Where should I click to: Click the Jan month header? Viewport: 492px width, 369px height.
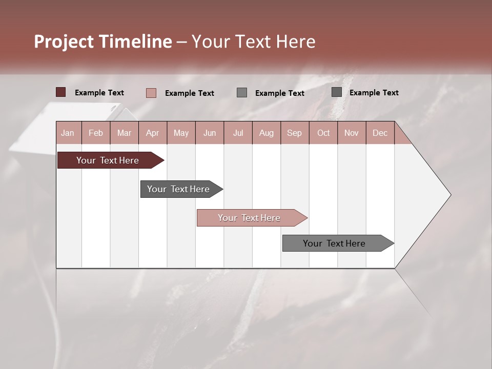click(x=68, y=133)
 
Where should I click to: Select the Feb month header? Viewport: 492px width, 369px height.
click(x=96, y=133)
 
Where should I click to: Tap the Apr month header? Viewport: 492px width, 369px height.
click(x=152, y=133)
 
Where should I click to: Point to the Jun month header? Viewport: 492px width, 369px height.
click(x=210, y=133)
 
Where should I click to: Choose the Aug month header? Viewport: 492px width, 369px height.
click(x=266, y=133)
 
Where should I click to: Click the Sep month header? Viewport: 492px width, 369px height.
click(x=294, y=133)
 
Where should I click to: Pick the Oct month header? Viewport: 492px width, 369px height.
click(x=323, y=133)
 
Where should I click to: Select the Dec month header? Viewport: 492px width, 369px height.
click(x=380, y=133)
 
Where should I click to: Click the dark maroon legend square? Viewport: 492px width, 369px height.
click(x=60, y=92)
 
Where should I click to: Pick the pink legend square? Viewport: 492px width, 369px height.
click(x=151, y=93)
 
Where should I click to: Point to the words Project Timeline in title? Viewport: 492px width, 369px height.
click(x=102, y=42)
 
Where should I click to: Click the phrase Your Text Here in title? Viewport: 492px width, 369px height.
click(x=253, y=42)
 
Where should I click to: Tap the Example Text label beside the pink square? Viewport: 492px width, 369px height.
click(x=190, y=93)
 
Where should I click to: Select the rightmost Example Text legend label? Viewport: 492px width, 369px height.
click(x=374, y=93)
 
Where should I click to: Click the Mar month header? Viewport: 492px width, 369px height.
click(x=124, y=133)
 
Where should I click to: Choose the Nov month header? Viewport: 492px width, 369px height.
click(x=351, y=133)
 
